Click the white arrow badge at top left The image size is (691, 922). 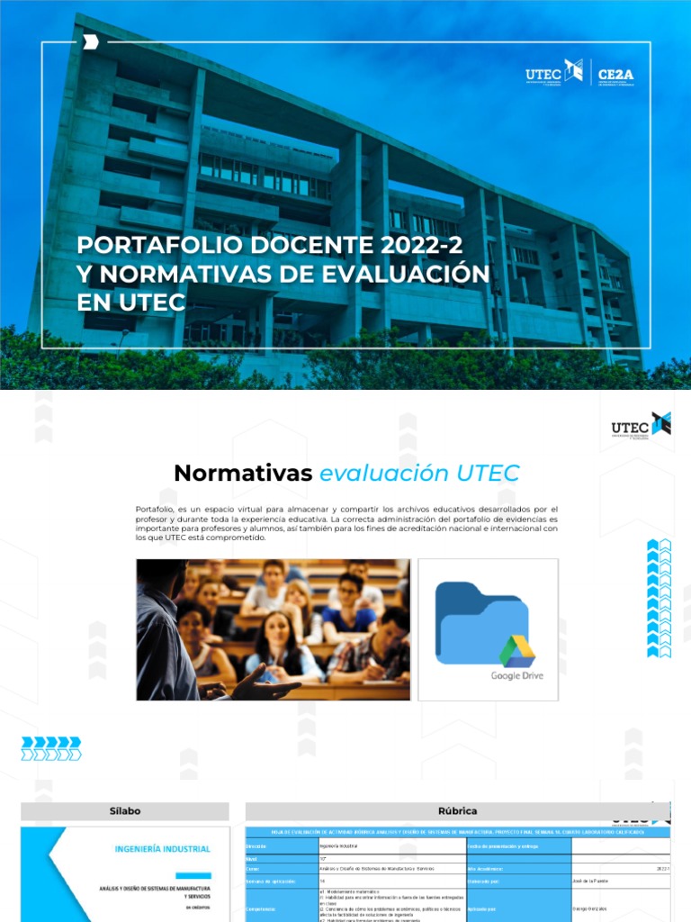click(x=90, y=41)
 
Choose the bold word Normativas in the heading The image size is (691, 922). click(x=242, y=473)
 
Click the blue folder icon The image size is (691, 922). click(x=481, y=621)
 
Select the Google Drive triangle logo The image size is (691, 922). click(x=517, y=651)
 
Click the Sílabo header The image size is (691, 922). click(x=125, y=811)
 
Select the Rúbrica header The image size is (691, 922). click(x=459, y=811)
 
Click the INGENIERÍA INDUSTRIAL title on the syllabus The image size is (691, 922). click(x=163, y=849)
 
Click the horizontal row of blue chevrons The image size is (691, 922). click(x=51, y=748)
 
